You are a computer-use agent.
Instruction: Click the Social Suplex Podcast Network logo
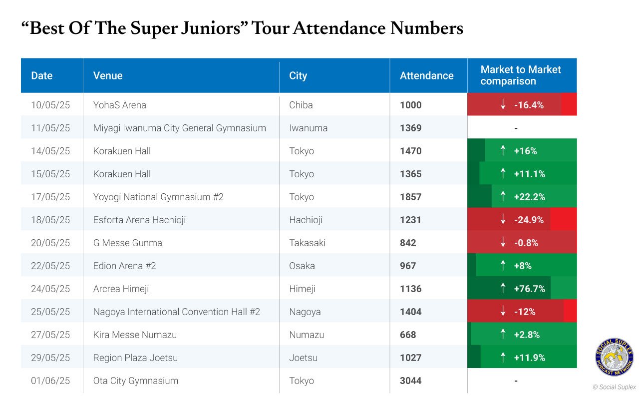coord(614,357)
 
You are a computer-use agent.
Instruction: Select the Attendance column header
coord(426,75)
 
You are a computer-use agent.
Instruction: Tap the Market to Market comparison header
coord(521,75)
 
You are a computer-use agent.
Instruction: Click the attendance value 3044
coord(410,381)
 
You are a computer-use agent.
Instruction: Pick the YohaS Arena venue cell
coord(119,105)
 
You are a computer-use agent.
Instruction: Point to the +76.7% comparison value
coord(530,289)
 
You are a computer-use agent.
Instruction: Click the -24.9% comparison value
coord(529,220)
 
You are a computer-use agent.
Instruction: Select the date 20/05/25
coord(50,243)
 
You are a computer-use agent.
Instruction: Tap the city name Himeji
coord(302,289)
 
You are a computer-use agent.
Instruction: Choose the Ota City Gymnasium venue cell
coord(136,381)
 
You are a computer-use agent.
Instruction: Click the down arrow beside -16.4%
coord(503,104)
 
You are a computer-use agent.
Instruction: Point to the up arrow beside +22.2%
coord(503,196)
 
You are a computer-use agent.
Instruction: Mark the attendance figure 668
coord(408,335)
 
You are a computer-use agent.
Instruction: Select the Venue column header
coord(108,75)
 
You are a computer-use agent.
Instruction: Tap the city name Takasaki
coord(307,243)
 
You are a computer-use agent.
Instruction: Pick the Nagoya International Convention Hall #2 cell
coord(177,312)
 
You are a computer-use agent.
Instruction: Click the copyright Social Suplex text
coord(614,387)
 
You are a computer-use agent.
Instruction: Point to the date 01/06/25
coord(50,381)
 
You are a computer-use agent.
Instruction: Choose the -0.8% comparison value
coord(526,243)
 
